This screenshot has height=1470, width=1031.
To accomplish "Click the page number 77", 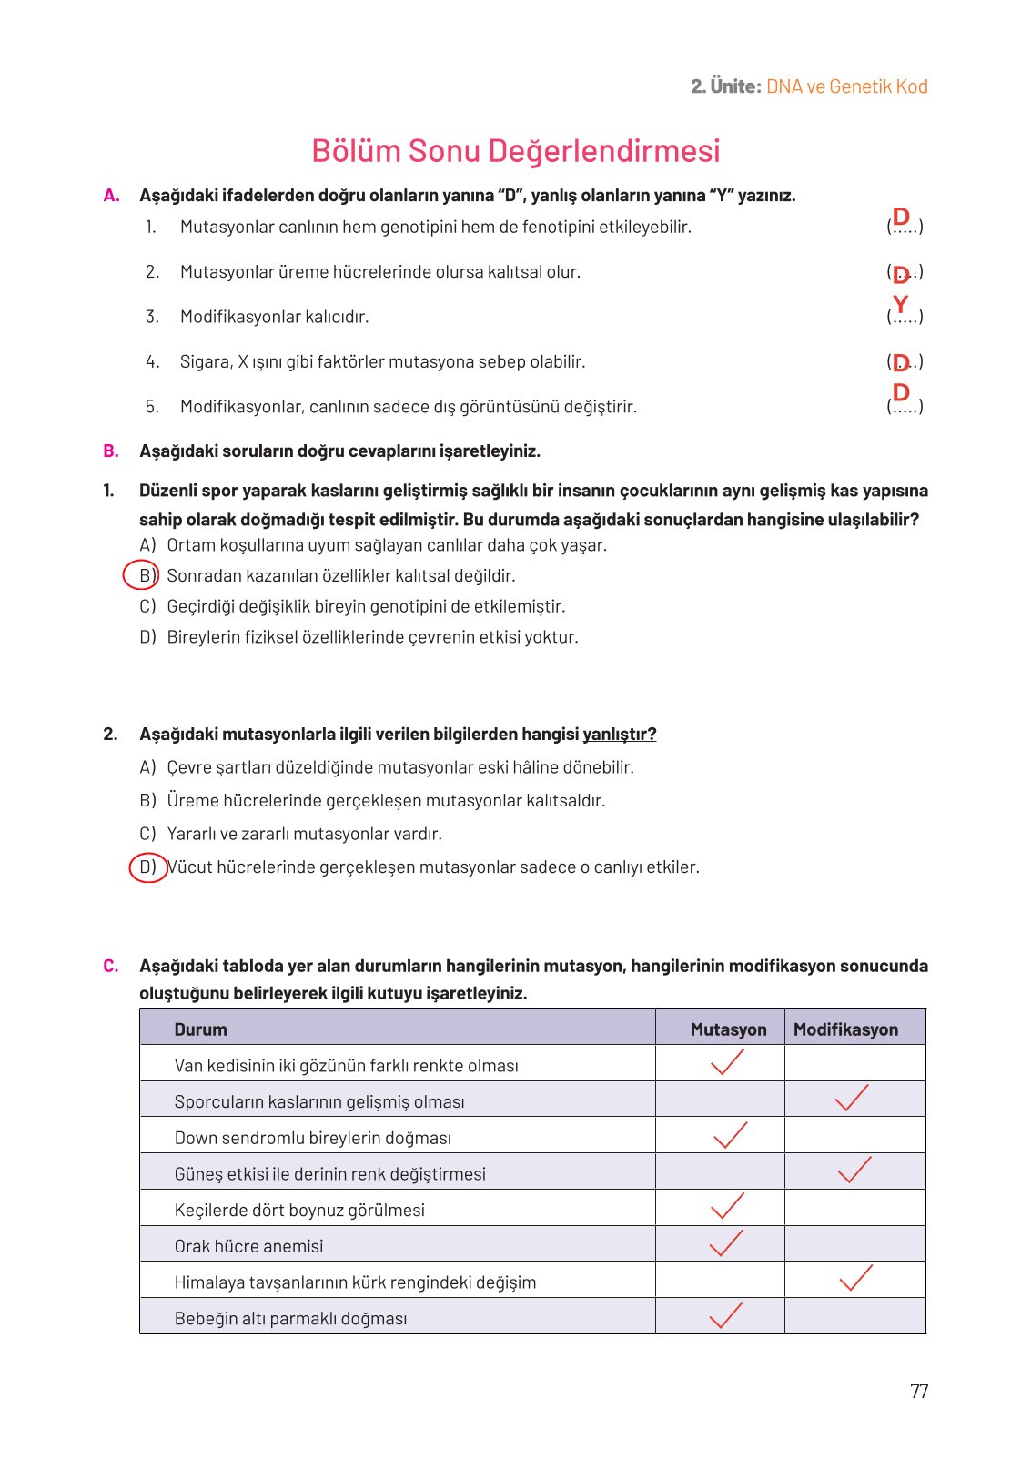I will [x=918, y=1391].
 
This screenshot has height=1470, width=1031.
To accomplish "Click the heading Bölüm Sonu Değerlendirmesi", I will [x=515, y=150].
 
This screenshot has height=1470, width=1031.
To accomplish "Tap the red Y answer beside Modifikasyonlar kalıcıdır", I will [x=900, y=305].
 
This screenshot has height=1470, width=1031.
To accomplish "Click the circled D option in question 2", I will [x=147, y=867].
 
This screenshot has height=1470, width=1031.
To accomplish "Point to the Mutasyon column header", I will [x=727, y=1029].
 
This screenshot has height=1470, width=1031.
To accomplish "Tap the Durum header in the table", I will [x=200, y=1029].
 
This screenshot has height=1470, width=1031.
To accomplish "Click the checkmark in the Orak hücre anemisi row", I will [x=725, y=1243].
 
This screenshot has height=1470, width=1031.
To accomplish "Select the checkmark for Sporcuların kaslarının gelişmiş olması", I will [x=851, y=1099].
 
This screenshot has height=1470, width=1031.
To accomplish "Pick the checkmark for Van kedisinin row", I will [x=726, y=1062].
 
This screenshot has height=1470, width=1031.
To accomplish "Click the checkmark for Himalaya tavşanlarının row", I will [x=854, y=1279].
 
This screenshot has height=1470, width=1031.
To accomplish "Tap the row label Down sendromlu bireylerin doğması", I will [x=312, y=1138].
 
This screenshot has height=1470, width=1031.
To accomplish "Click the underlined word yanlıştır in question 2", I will [x=619, y=734].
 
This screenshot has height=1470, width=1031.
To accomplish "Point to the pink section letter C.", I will [x=110, y=966].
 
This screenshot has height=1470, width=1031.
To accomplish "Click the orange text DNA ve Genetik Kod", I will [x=846, y=86].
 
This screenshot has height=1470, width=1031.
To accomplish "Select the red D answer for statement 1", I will [x=901, y=217].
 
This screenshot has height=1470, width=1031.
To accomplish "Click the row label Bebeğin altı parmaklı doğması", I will [x=290, y=1318].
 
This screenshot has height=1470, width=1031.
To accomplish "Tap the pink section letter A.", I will [x=111, y=195].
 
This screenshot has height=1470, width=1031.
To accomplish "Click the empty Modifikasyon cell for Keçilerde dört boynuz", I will [x=854, y=1208].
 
